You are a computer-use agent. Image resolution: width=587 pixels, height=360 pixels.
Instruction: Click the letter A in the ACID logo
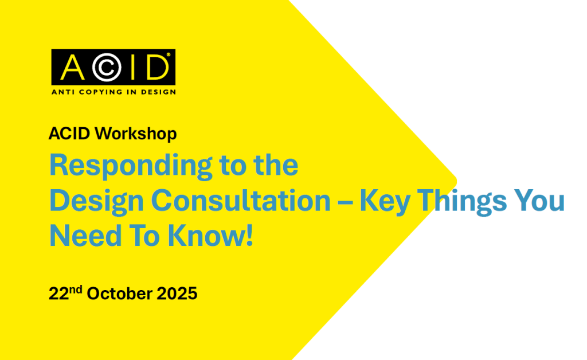coord(72,68)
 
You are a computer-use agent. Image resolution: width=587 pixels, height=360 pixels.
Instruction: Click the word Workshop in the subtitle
coord(135,134)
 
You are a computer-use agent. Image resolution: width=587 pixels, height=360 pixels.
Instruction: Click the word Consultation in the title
coord(241,201)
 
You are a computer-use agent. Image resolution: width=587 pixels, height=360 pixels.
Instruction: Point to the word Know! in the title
coord(210,236)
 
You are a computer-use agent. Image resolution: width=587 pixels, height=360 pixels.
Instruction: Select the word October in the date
coord(119,294)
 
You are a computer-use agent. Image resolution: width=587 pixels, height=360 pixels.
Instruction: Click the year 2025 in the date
coord(177,294)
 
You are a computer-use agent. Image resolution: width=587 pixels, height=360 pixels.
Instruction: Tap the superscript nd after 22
coord(76,289)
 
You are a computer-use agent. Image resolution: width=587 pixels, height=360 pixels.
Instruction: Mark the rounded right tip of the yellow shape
coord(456,181)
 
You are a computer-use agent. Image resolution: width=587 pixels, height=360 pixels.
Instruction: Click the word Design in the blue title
coord(96,202)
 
